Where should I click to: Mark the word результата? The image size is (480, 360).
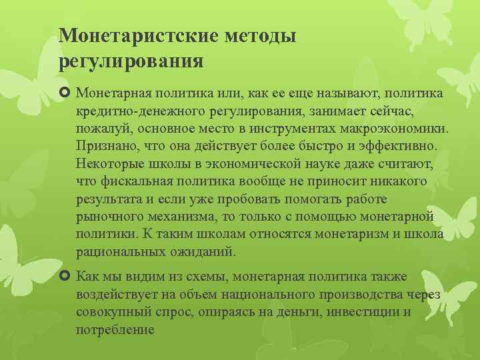[108, 199]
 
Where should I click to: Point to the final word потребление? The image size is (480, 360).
[115, 330]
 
